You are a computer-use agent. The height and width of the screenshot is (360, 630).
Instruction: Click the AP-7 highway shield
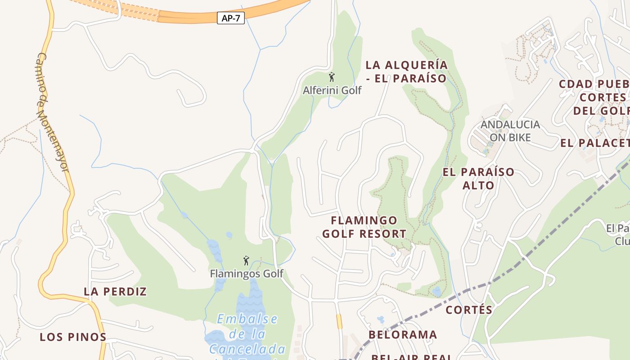point(231,18)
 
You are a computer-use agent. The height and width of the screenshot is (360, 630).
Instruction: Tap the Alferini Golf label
point(332,90)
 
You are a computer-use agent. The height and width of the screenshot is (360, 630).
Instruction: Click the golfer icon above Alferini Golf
point(332,77)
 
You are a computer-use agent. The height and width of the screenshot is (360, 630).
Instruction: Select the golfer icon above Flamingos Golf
point(246,261)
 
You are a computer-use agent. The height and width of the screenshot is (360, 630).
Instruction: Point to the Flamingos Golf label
point(247,274)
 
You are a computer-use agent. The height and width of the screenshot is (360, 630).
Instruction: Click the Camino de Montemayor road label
point(52,112)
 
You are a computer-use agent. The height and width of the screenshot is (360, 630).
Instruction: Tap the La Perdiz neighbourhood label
point(115,292)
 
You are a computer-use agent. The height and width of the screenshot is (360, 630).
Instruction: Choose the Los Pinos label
point(73,337)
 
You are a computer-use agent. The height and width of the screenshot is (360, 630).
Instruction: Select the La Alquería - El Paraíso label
point(406,72)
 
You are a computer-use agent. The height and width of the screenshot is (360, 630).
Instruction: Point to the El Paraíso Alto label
point(478,179)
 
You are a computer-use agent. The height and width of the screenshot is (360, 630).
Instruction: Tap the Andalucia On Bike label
point(510,130)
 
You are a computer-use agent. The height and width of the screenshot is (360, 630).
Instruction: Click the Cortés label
point(469,310)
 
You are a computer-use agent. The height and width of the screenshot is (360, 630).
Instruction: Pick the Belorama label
point(403,335)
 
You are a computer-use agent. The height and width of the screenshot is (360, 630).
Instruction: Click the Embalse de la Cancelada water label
point(247,334)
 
